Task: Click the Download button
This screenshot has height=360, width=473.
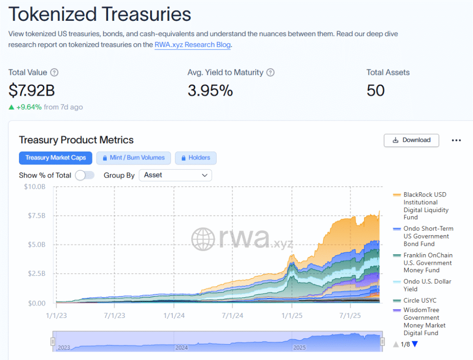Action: coord(411,140)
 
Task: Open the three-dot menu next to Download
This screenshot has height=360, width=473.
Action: coord(456,140)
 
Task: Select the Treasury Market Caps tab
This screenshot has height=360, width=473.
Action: coord(55,158)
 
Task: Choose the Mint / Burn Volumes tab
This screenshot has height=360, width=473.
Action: coord(133,158)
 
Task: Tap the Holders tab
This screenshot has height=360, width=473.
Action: coord(195,158)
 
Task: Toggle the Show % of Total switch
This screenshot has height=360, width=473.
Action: coord(85,175)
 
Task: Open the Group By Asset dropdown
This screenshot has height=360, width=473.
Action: coord(175,175)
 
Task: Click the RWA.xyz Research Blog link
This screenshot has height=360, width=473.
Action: coord(193,45)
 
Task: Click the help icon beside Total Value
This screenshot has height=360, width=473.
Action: coord(55,73)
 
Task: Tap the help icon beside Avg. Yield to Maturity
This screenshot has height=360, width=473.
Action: coord(271,73)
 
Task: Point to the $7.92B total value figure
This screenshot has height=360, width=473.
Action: coord(31,90)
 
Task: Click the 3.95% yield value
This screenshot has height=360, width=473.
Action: coord(210,90)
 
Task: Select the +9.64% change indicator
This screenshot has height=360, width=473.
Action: coord(29,107)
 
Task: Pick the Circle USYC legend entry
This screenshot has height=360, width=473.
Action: coord(420,300)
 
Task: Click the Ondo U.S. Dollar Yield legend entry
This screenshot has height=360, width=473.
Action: coord(427,285)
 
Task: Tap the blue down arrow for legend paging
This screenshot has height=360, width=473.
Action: coord(414,344)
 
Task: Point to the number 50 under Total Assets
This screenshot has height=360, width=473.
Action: coord(376,90)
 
